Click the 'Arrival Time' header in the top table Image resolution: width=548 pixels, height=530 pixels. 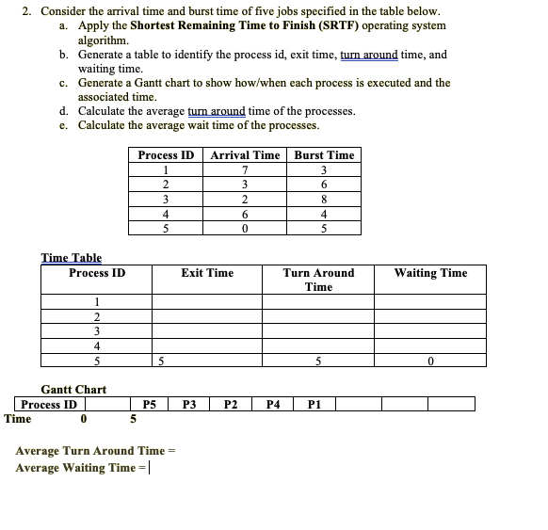(245, 155)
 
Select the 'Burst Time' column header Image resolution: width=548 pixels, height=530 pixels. (324, 155)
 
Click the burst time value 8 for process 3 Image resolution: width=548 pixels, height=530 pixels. (324, 199)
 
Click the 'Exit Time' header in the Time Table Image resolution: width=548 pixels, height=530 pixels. (207, 273)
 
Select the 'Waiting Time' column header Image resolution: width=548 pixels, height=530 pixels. (430, 273)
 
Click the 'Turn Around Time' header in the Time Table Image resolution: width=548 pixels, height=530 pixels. (318, 280)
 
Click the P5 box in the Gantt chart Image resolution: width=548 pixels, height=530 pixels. (149, 405)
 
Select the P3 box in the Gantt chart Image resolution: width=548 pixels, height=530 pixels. (189, 405)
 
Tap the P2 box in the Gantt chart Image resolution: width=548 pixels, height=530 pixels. (231, 405)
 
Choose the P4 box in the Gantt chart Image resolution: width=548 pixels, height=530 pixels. (272, 405)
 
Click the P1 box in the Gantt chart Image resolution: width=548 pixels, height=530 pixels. (314, 405)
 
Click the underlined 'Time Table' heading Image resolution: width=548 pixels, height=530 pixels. (72, 258)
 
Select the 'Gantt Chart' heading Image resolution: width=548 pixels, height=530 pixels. (73, 390)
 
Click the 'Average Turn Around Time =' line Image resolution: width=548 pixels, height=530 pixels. (96, 451)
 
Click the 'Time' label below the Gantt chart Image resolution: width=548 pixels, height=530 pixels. (18, 419)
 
